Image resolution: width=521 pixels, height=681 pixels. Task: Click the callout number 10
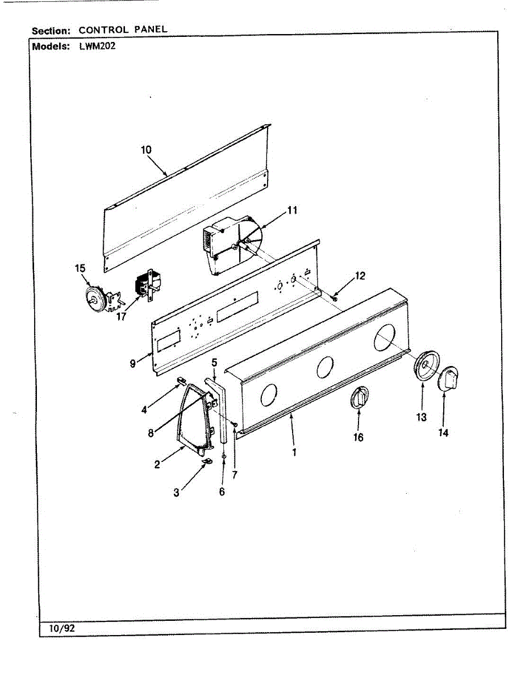click(x=146, y=150)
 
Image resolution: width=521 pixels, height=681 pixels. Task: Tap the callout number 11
click(x=292, y=210)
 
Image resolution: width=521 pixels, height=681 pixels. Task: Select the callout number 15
click(x=80, y=268)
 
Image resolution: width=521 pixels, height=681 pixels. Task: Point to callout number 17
click(x=121, y=317)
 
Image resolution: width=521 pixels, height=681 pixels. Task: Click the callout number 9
click(x=132, y=364)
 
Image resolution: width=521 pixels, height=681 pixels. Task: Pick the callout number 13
click(x=421, y=418)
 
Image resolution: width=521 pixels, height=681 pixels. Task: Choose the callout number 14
click(x=443, y=432)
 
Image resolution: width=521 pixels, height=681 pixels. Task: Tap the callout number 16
click(x=359, y=438)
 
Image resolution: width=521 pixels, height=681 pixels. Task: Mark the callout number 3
click(x=176, y=493)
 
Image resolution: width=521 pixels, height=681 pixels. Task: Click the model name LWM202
click(x=97, y=47)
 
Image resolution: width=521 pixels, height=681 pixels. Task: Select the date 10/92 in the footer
click(x=59, y=628)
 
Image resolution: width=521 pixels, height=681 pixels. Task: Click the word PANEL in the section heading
click(x=151, y=30)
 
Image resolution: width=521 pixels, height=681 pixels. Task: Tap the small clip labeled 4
click(x=182, y=381)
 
